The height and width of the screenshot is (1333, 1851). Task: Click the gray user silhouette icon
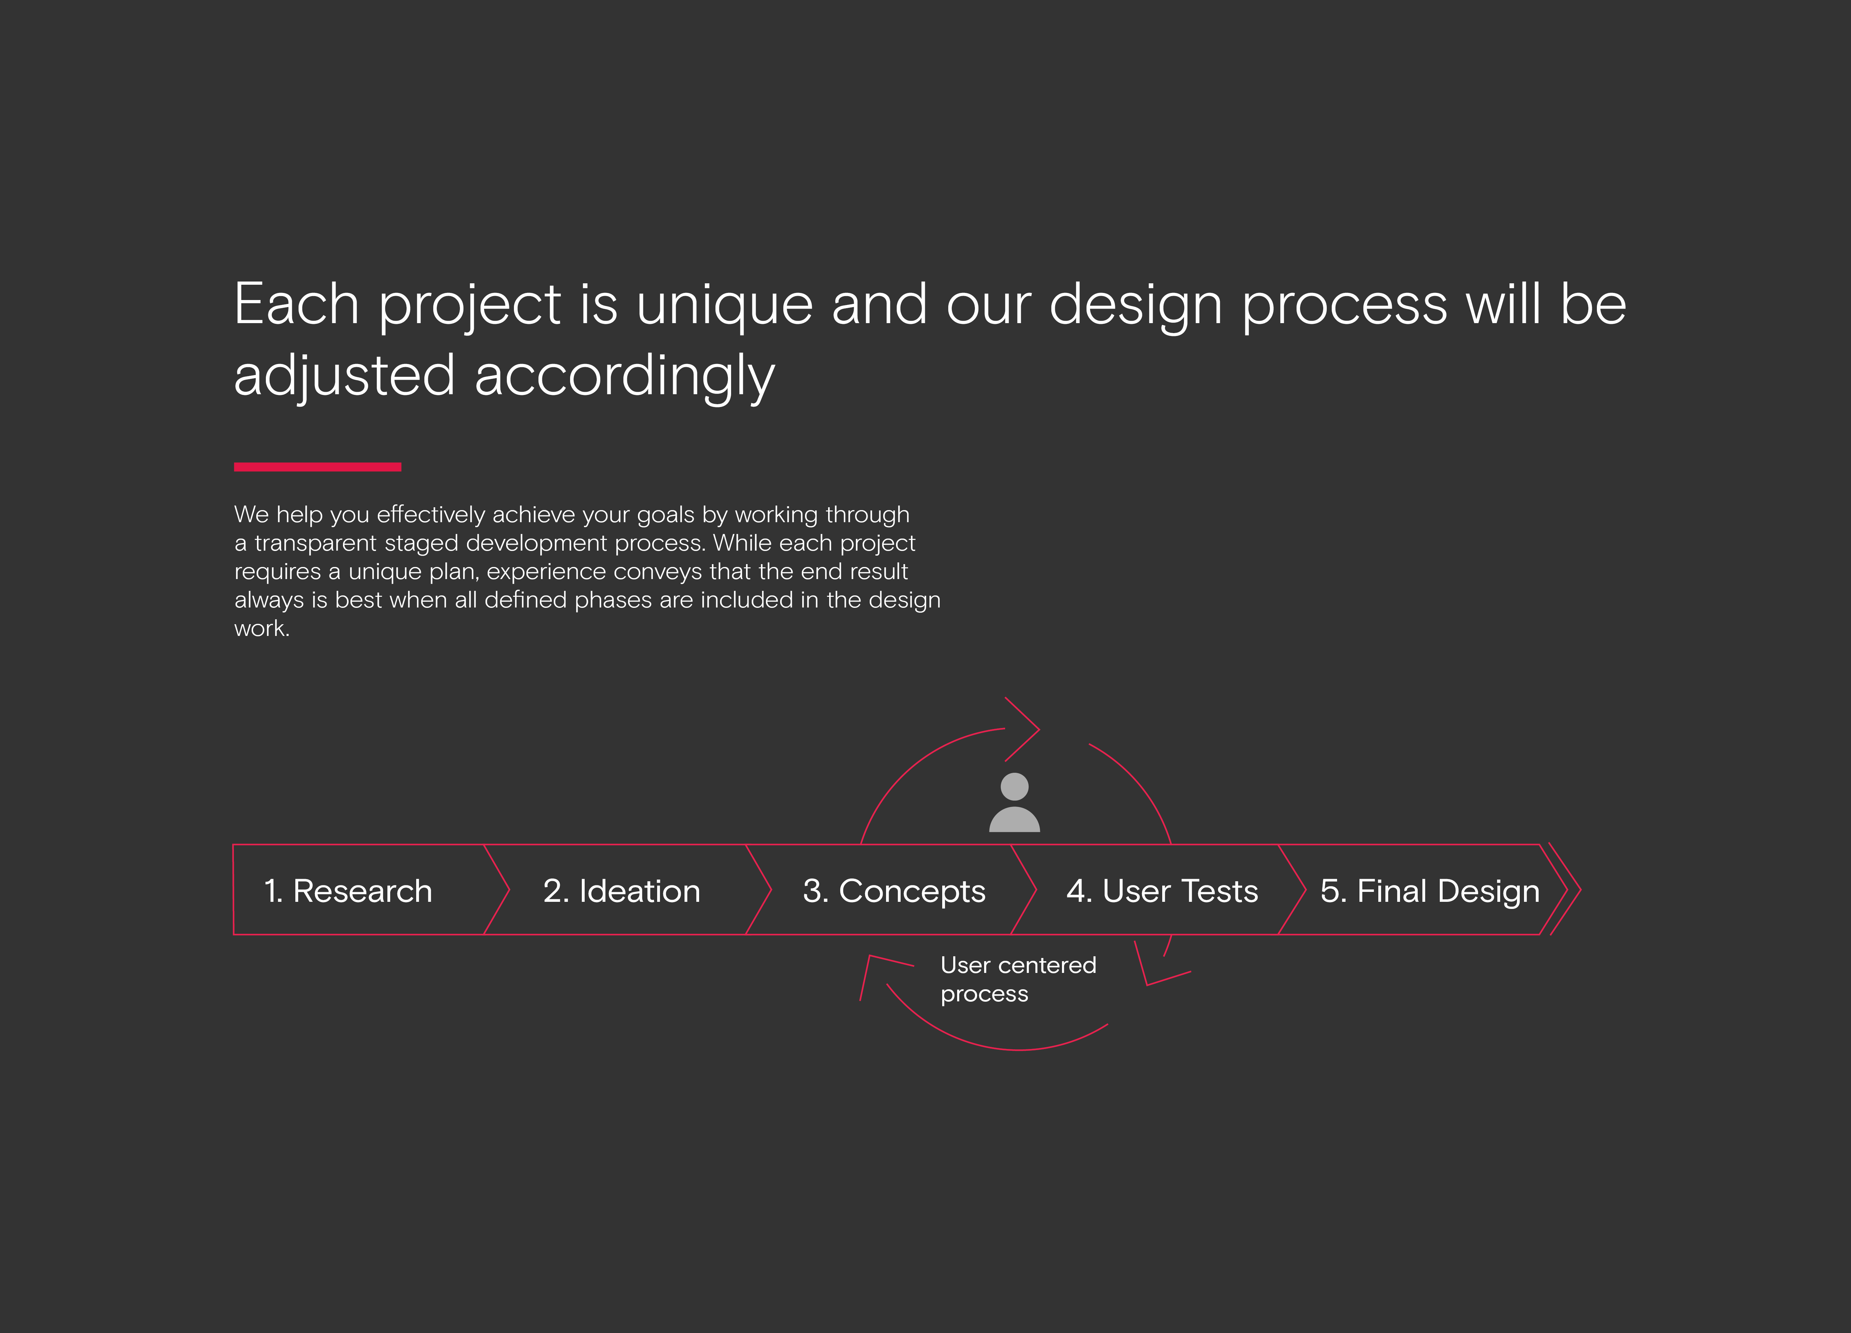click(1014, 802)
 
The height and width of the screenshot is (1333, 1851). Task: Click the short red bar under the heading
click(317, 467)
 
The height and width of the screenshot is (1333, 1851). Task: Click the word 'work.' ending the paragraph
click(262, 628)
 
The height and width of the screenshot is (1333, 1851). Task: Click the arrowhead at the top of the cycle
click(1022, 729)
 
